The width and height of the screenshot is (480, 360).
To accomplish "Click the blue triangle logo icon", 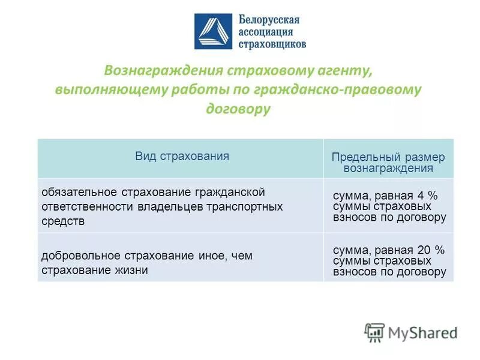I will point(213,31).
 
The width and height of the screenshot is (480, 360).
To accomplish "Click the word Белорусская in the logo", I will point(269,20).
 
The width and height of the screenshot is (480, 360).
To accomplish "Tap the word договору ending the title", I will point(238,109).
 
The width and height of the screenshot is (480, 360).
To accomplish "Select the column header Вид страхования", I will point(182,156).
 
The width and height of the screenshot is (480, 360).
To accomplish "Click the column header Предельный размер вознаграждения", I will point(388,163).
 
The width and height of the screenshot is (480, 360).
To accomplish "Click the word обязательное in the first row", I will point(80,192).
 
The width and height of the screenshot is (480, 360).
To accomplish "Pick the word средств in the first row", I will point(63,221).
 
